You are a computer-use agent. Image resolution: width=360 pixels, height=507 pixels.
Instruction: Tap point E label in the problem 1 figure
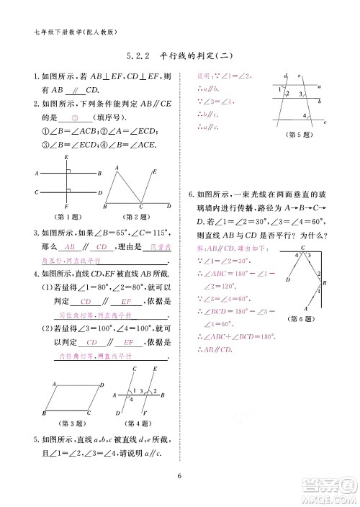(66, 156)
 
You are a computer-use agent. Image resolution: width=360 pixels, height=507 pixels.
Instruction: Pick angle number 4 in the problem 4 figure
(131, 399)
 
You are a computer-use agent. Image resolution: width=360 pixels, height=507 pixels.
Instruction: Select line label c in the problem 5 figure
(325, 122)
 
